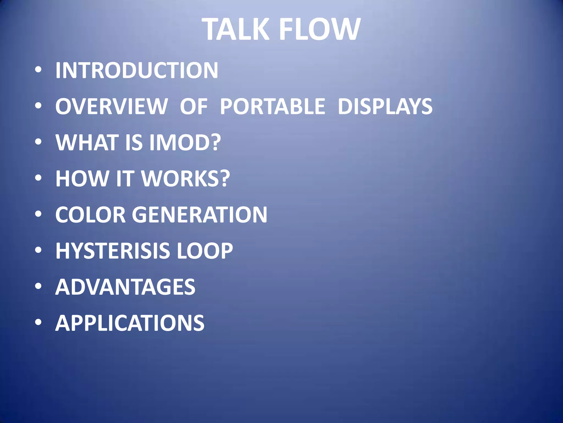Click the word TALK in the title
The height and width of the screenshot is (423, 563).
[x=236, y=29]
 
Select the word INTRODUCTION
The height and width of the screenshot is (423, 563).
[x=137, y=70]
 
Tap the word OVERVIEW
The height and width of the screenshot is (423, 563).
[x=111, y=107]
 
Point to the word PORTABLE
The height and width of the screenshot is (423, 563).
[x=272, y=107]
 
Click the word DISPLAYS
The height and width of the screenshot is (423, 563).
[x=385, y=107]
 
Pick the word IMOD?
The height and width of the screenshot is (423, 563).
[x=185, y=143]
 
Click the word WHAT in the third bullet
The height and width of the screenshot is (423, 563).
[x=87, y=143]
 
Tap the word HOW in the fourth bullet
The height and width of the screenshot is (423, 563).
[x=82, y=179]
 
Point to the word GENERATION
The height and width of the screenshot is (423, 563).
[x=200, y=215]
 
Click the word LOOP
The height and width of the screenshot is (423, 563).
[x=205, y=251]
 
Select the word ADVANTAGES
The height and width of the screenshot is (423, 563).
[x=125, y=287]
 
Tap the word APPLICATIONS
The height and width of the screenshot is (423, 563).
[x=130, y=323]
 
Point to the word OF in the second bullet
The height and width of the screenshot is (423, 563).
[x=194, y=107]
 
